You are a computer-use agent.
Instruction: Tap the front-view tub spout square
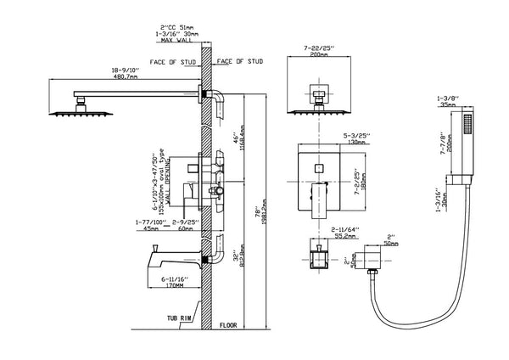pos(319,254)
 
